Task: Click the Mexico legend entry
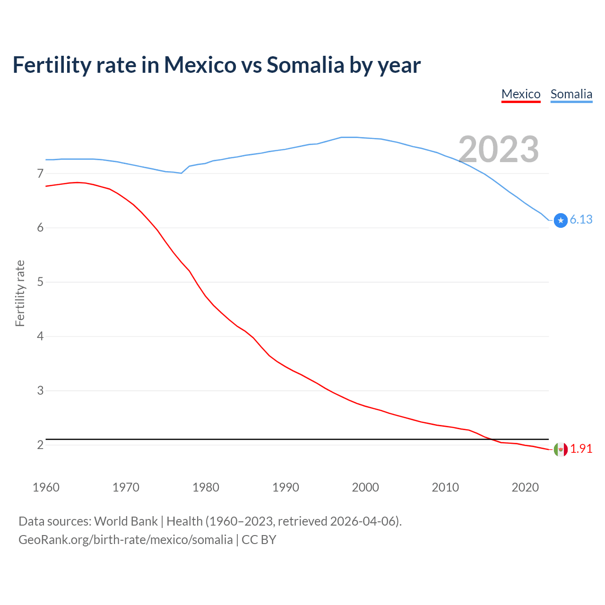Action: pyautogui.click(x=521, y=94)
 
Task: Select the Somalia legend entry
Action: pyautogui.click(x=571, y=94)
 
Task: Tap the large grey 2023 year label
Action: pyautogui.click(x=499, y=149)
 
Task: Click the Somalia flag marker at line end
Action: pyautogui.click(x=561, y=220)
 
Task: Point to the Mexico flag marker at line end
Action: pyautogui.click(x=561, y=449)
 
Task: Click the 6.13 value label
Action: pyautogui.click(x=581, y=219)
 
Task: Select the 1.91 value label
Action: pyautogui.click(x=581, y=449)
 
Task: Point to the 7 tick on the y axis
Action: pyautogui.click(x=40, y=174)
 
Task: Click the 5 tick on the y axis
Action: pyautogui.click(x=40, y=282)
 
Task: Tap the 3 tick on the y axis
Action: pyautogui.click(x=40, y=391)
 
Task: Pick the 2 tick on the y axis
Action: pyautogui.click(x=40, y=445)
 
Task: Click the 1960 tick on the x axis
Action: pyautogui.click(x=46, y=487)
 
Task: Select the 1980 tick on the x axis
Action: pyautogui.click(x=206, y=487)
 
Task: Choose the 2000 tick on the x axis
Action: pyautogui.click(x=365, y=487)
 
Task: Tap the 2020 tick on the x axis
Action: pyautogui.click(x=525, y=487)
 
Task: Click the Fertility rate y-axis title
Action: pyautogui.click(x=20, y=293)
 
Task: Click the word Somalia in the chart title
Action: pyautogui.click(x=305, y=65)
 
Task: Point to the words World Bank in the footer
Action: pyautogui.click(x=126, y=521)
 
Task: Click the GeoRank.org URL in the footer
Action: pyautogui.click(x=125, y=540)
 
